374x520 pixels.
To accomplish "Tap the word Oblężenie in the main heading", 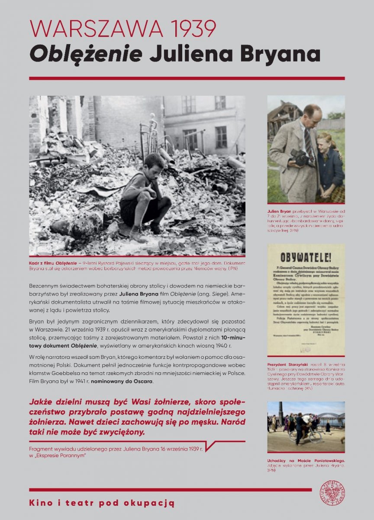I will click(86, 54).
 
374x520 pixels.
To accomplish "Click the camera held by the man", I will click(302, 157).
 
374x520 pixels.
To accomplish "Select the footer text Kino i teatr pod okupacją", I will click(102, 503).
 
